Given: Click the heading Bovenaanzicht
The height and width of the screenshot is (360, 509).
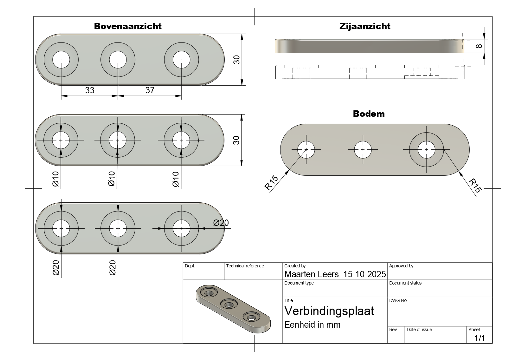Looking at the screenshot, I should pos(127,26).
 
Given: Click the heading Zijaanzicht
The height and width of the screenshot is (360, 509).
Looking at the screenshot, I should pos(365,26).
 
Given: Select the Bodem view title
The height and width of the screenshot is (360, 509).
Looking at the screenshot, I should pos(369,114).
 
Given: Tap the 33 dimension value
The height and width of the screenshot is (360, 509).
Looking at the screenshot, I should pos(90,90).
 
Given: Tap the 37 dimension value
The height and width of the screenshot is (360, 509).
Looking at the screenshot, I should pos(150,90).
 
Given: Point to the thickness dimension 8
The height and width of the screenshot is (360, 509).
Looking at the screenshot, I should pos(479,46).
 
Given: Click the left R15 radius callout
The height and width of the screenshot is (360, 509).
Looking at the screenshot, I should pos(272,183).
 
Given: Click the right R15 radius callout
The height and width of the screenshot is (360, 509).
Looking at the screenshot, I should pos(475,186).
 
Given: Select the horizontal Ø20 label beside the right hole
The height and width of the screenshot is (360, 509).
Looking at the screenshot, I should pos(221,223).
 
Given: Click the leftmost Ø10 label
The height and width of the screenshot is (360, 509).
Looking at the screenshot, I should pos(56,179).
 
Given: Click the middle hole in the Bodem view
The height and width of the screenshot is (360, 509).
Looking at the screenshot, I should pos(363,150).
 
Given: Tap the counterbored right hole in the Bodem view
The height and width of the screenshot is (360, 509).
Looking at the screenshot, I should pos(426,150).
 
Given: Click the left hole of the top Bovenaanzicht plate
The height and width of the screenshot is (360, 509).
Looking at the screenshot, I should pos(61,60).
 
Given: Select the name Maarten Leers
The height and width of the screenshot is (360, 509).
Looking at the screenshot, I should pos(311,274).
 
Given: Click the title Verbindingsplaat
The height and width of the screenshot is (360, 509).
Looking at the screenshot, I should pos(329,311).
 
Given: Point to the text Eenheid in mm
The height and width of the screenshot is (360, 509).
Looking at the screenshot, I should pos(312,325).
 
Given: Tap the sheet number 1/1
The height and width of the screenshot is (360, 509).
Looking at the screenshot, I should pos(480,338).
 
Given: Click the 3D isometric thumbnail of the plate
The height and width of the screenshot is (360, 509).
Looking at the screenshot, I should pos(233,309).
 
